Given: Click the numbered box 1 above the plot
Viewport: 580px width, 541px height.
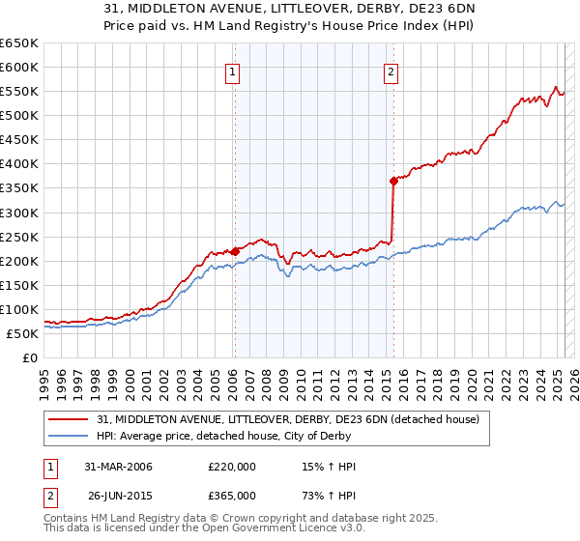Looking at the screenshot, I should pos(234,71).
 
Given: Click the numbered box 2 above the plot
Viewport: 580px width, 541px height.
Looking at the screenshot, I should pos(391,71).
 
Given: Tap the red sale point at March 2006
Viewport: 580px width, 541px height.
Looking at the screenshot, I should pos(235,250).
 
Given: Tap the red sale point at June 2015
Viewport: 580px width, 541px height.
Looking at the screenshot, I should pos(393,181).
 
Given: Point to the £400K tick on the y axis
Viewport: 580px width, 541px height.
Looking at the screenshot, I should pos(19,163).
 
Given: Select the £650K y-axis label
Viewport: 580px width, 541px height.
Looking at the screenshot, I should pos(19,43).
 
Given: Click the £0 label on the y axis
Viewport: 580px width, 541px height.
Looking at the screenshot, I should pos(30,357).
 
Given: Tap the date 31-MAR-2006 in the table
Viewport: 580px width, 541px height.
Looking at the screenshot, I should pos(119,467).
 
